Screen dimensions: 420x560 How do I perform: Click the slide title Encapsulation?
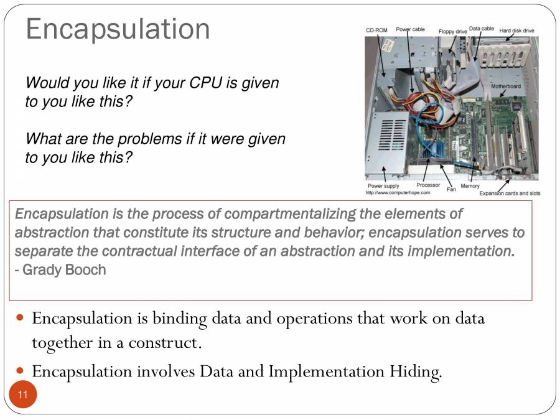coord(118,30)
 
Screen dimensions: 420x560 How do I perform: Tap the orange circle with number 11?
coord(23,394)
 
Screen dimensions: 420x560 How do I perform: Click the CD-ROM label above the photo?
coord(376,30)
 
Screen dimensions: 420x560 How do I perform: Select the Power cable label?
coord(410,29)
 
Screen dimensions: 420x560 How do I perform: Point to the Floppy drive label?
coord(452,31)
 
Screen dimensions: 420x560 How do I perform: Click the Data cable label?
coord(482,29)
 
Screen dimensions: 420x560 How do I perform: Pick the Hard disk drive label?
coord(516,30)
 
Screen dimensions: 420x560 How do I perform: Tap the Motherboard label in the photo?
coord(506,86)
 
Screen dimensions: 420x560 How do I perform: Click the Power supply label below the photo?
coord(383,186)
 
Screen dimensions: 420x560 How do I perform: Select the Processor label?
coord(428,185)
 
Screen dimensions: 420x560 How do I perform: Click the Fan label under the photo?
coord(451,189)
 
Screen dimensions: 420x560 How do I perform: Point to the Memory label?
coord(470,186)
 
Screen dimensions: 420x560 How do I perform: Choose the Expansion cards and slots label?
coord(510,194)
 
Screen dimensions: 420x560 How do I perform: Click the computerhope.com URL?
coord(398,193)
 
